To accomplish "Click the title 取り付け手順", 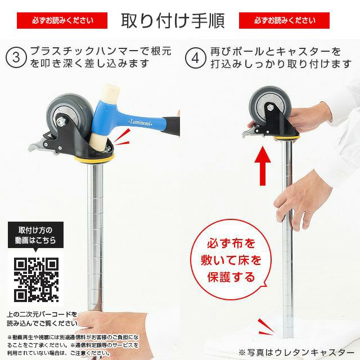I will tap(173, 20).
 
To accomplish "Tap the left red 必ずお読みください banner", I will tap(62, 21).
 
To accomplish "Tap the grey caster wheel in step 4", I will tap(268, 107).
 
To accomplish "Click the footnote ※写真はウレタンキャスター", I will tap(293, 352).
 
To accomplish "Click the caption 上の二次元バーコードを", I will tap(43, 314).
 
